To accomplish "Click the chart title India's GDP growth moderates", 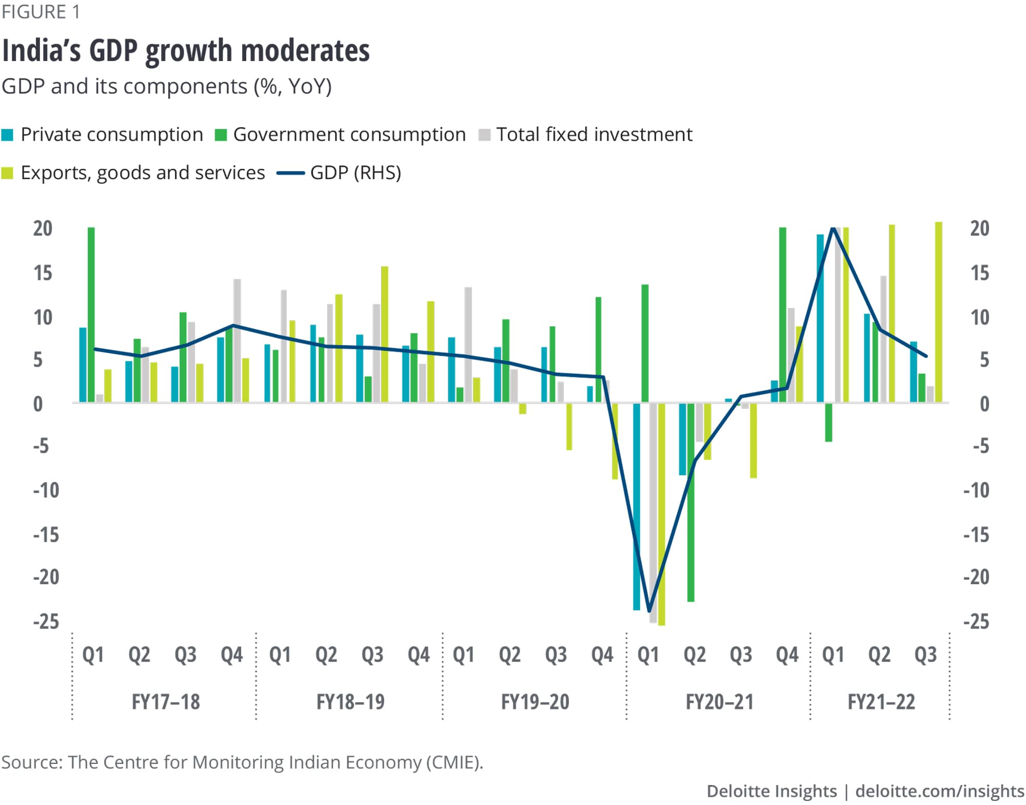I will (x=186, y=51).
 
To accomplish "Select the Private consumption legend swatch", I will (x=8, y=135).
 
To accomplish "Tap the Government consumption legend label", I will (x=349, y=135).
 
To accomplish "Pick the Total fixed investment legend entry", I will (x=594, y=135).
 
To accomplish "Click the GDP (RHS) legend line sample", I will (x=291, y=174).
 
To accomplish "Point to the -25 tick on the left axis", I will (x=46, y=621).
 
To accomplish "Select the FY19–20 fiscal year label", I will (x=535, y=702).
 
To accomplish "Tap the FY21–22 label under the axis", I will (x=881, y=702).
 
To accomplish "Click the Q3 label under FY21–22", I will (x=925, y=655).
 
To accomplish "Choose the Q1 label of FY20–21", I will (x=648, y=655).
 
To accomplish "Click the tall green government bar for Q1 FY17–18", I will (x=91, y=314).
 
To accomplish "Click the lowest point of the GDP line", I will (x=649, y=611).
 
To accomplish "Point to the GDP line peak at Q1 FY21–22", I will (x=833, y=228).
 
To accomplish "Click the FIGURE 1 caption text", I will (x=41, y=12).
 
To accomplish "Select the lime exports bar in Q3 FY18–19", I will (x=384, y=334).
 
